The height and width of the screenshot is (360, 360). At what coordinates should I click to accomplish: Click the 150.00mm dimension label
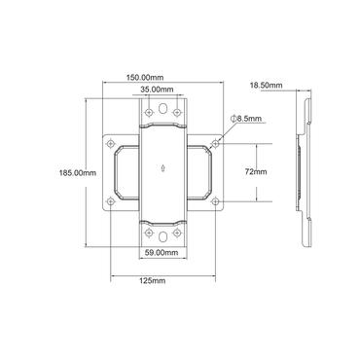click(145, 78)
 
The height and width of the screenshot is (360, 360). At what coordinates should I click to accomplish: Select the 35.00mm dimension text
click(158, 90)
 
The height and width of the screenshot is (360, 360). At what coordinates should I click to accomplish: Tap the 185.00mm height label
click(78, 173)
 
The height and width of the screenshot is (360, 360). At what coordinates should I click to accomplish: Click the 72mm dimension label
click(256, 172)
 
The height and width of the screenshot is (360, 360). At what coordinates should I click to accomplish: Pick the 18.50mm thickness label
click(266, 86)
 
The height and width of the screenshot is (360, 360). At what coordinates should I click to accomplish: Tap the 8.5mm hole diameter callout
click(246, 119)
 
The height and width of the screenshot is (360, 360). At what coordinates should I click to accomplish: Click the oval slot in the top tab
click(162, 108)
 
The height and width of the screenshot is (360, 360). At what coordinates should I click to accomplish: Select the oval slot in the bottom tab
click(162, 236)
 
